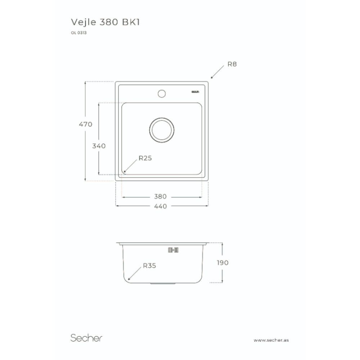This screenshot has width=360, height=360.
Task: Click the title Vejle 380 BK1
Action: [105, 22]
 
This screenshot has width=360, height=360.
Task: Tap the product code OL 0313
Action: [78, 33]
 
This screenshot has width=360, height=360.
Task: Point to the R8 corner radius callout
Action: [232, 64]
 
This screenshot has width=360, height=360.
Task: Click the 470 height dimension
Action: [86, 124]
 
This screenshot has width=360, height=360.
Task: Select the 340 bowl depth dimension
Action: [99, 146]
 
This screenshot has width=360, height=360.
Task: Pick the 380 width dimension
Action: [160, 197]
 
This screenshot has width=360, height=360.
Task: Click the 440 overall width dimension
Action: [160, 206]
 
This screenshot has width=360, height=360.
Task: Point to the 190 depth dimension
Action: [222, 262]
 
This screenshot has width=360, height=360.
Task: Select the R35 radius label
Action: [149, 266]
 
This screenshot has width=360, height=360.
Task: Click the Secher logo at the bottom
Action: [86, 338]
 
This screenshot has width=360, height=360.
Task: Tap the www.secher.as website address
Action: [271, 340]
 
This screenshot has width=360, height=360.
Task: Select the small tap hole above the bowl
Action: [161, 94]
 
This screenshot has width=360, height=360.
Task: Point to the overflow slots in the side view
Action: [174, 249]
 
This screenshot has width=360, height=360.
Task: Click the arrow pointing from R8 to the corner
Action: [217, 72]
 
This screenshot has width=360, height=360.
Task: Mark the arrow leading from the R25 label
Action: [131, 166]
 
